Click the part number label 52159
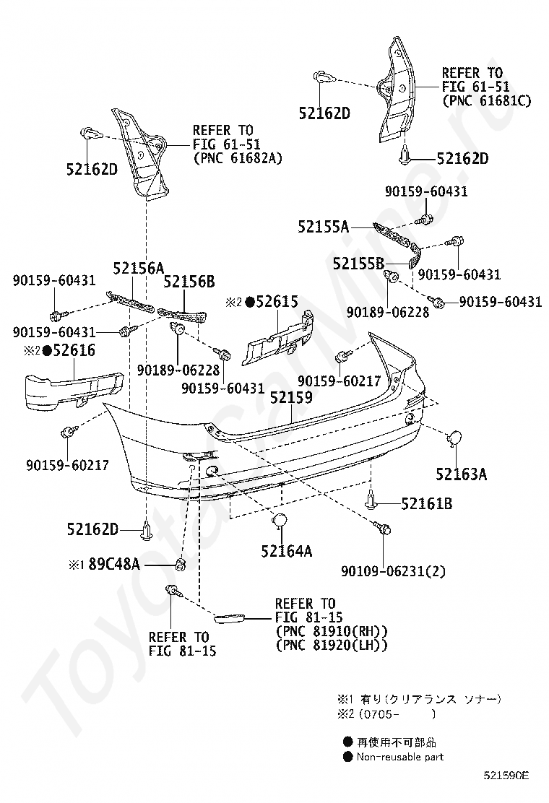tap(291, 396)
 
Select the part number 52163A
tap(461, 474)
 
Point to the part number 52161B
tap(427, 503)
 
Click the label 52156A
tap(137, 269)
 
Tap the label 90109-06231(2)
tap(393, 571)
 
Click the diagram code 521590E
tap(506, 776)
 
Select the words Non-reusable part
tap(399, 757)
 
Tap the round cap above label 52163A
tap(456, 438)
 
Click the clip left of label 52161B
tap(371, 500)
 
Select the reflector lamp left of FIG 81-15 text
tap(231, 618)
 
